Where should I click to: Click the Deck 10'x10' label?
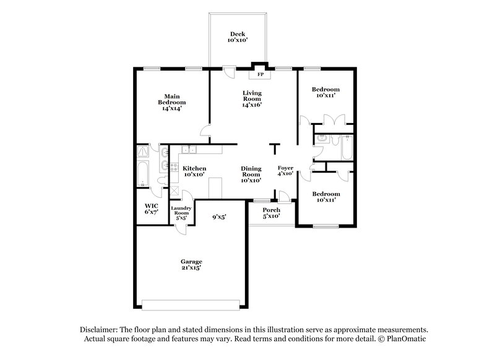tap(238, 36)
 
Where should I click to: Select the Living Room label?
tap(252, 98)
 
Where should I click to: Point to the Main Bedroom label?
tap(171, 102)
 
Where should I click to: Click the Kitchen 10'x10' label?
tap(194, 171)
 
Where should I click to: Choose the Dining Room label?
tap(251, 174)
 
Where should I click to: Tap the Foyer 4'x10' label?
tap(285, 171)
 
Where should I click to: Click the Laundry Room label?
tap(181, 213)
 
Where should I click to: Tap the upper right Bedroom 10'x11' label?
tap(327, 92)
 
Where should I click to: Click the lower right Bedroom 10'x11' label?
tap(327, 196)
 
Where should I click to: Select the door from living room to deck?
tap(229, 72)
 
